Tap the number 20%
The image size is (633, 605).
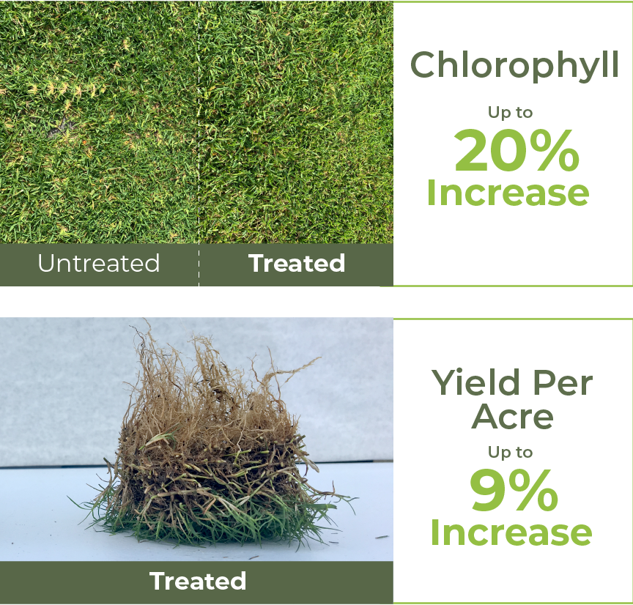tap(517, 151)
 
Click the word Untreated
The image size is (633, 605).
tap(99, 263)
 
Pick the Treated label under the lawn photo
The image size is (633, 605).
tap(297, 263)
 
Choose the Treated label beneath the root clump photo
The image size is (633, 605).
tap(198, 581)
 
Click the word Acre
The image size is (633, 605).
tap(512, 417)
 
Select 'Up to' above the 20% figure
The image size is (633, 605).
tap(510, 113)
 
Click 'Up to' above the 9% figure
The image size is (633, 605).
tap(510, 452)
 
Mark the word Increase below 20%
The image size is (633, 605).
tap(508, 193)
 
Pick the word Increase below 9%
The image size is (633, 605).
tap(511, 532)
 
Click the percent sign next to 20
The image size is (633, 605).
tap(557, 151)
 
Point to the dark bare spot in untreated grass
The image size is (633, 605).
tap(61, 129)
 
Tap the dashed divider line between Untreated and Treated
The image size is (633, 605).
tap(199, 144)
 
